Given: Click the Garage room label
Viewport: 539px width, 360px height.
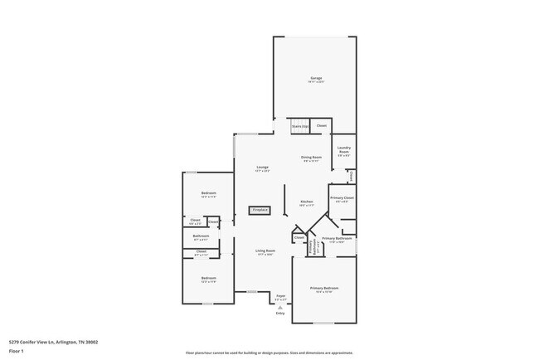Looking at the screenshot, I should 316,79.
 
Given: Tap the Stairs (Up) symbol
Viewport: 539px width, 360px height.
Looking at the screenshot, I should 299,126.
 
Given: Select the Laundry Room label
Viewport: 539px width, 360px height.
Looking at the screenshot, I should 343,150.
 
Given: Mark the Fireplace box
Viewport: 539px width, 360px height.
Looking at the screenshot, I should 260,210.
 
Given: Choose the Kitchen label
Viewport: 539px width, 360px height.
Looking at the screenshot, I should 306,202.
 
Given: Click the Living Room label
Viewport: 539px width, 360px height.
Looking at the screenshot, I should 265,252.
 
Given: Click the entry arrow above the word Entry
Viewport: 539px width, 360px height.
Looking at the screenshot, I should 279,307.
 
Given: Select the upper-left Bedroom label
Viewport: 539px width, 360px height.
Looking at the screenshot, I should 208,194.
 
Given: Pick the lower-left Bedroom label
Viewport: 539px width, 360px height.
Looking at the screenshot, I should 208,280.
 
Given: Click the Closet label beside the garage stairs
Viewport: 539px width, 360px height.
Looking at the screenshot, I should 322,126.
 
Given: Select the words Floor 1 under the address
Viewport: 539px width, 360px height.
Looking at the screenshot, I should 17,351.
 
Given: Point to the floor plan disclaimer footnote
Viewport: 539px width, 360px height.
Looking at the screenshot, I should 269,352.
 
